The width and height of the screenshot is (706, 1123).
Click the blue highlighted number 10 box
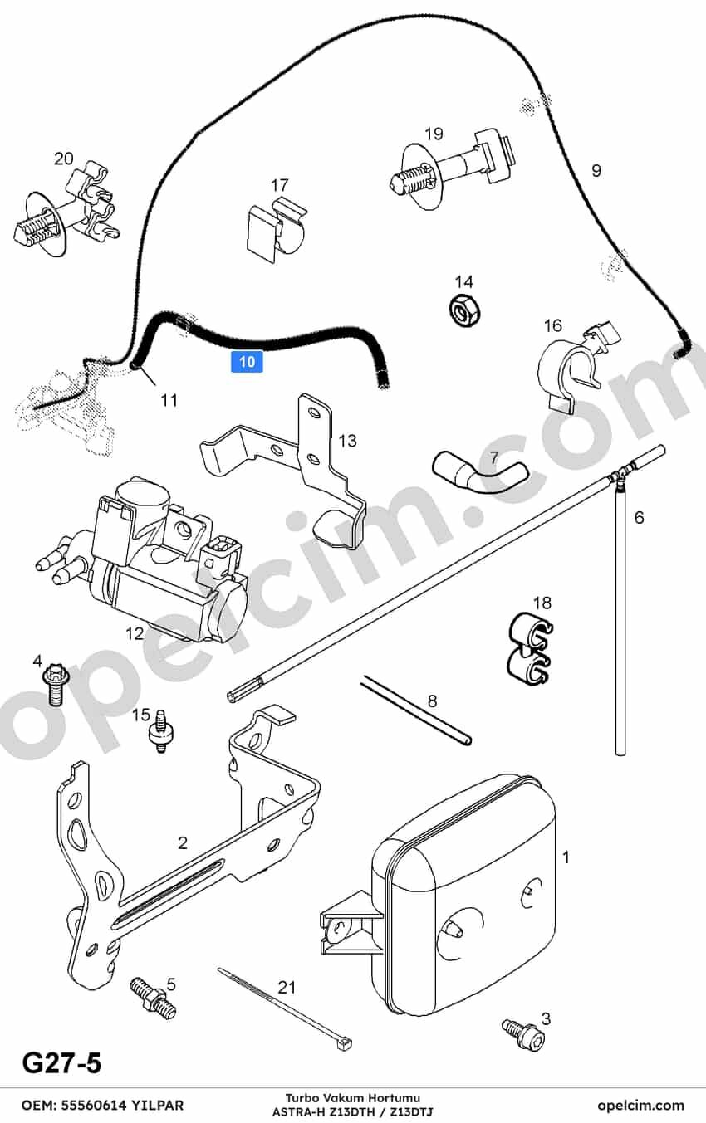point(247,361)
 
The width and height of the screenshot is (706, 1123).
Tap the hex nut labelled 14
point(464,310)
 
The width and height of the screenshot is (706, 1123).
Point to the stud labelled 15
point(160,731)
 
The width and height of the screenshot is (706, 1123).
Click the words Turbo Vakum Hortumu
point(353,1098)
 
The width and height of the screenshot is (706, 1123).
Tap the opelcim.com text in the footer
point(640,1105)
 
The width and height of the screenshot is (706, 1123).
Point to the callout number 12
point(135,633)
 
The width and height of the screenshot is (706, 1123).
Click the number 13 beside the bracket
point(347,442)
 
